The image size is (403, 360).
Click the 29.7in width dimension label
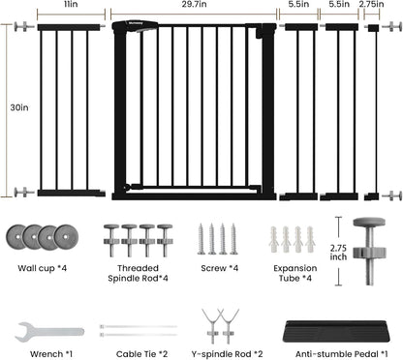point(194,4)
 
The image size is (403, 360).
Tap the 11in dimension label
point(71,4)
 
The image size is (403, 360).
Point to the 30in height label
point(19,107)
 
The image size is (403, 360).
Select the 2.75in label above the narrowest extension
point(371,4)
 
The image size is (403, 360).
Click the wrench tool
point(49,332)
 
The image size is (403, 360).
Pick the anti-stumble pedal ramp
point(336,331)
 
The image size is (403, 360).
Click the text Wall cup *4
point(42,268)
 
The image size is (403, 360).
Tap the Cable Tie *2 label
point(141,354)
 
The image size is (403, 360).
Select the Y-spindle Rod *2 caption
point(227,354)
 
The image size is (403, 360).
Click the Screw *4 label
point(220,268)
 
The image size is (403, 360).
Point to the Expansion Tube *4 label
point(295,273)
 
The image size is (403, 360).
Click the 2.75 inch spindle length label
point(338,253)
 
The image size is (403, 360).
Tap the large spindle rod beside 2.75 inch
point(369,251)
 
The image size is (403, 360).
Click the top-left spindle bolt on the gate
point(24,27)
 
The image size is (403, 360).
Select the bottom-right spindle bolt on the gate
point(391,195)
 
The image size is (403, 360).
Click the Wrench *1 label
point(51,354)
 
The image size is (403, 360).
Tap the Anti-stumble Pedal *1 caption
point(342,354)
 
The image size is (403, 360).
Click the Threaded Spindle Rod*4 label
point(138,273)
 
